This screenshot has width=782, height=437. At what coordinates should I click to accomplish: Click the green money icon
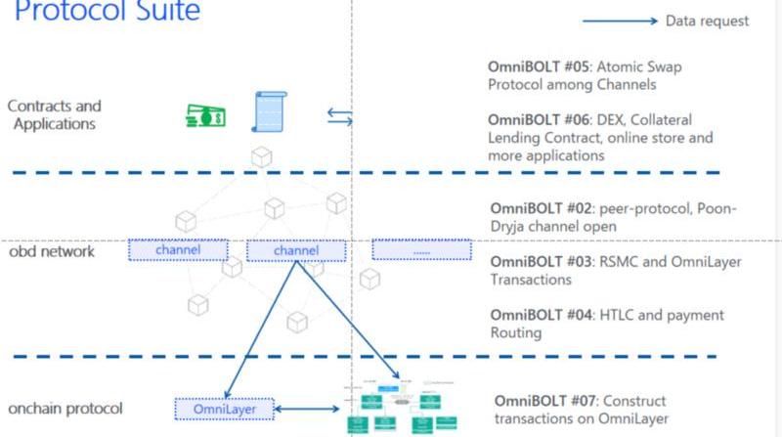coord(206,116)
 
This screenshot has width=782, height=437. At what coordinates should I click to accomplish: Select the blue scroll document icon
coord(268,111)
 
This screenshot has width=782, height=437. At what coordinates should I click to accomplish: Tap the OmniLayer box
coord(224,409)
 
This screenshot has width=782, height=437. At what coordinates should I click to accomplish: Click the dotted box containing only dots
coord(421,251)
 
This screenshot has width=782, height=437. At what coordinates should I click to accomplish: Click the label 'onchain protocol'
coord(65,408)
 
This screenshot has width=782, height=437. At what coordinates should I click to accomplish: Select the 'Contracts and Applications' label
coord(54,114)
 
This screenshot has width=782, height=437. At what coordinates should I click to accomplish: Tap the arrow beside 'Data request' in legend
coord(620,21)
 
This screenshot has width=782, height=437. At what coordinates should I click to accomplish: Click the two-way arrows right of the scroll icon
coord(338,116)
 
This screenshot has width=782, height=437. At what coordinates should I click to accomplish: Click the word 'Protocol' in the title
coord(72,12)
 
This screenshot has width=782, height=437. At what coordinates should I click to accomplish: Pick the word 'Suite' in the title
coord(167,12)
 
